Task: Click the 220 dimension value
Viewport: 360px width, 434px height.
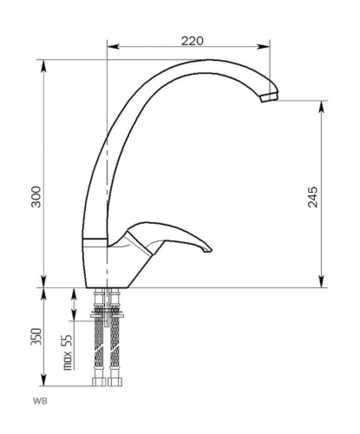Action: pos(193,41)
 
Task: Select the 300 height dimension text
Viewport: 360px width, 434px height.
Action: pos(36,197)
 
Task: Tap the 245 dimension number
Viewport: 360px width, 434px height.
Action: pos(312,197)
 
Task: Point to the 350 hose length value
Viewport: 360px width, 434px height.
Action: pos(36,337)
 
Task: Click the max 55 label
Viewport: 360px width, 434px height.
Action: pos(67,352)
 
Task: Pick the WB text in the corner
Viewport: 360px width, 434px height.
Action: pos(40,401)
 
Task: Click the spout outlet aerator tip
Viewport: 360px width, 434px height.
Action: pos(269,96)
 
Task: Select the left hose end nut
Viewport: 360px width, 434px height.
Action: pos(99,382)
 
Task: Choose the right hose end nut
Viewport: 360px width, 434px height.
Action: pos(115,382)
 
